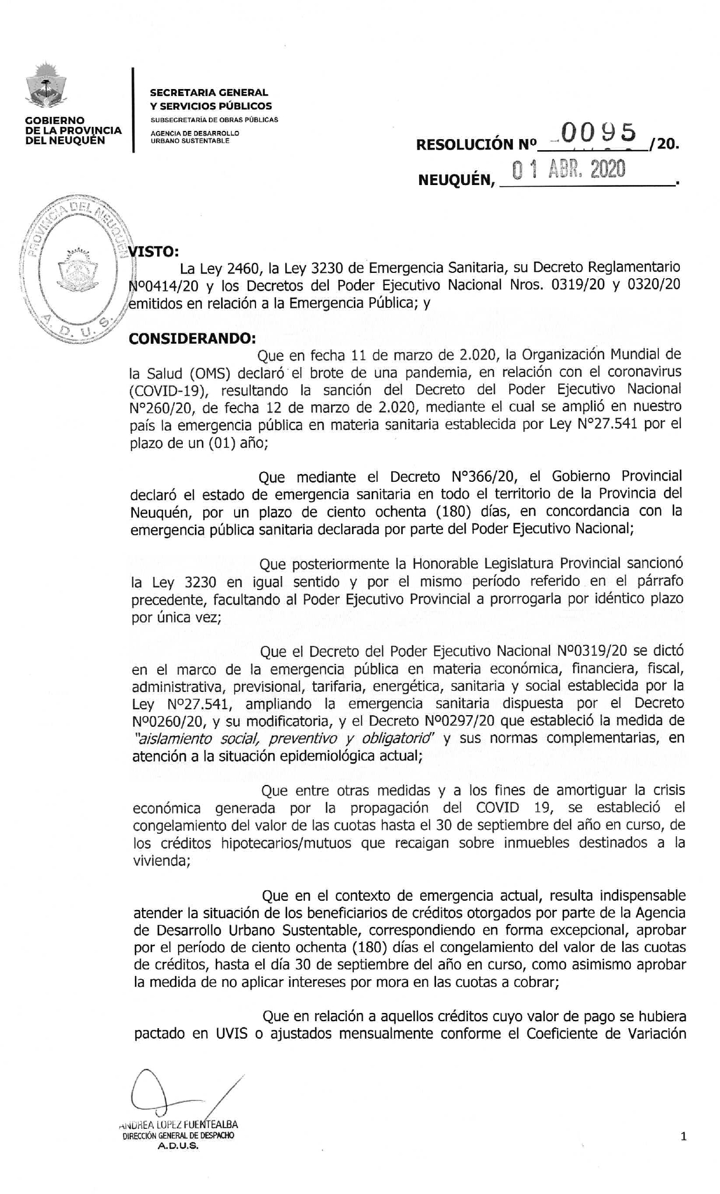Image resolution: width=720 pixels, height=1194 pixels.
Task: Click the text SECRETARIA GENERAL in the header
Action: coord(209,93)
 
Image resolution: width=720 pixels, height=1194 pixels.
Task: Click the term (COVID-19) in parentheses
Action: coord(168,389)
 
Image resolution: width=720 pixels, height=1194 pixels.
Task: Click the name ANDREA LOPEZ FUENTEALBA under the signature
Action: coord(178,1125)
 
